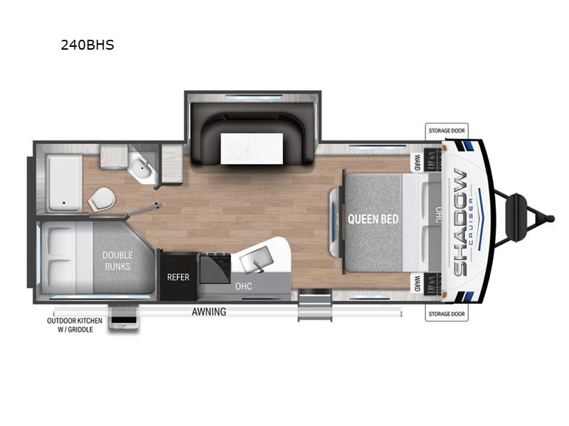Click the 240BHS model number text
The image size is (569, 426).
point(87,45)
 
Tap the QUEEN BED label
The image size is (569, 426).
point(373,219)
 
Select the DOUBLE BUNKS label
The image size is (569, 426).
point(117,261)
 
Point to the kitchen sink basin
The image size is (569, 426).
point(256,260)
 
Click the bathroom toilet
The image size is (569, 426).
point(101,199)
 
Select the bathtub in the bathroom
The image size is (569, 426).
point(64,183)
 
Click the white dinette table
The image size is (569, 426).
point(252,148)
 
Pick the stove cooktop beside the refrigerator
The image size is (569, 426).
point(215,268)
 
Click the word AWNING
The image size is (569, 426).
point(209,312)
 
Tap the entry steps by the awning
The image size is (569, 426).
point(315,305)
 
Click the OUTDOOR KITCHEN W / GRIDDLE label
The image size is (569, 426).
point(75,325)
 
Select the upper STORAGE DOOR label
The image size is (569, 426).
point(447,131)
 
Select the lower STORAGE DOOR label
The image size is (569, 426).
point(447,314)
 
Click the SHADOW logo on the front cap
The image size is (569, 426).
point(460,222)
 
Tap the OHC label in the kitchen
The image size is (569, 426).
point(243,286)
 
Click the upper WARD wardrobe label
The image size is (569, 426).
point(418,162)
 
